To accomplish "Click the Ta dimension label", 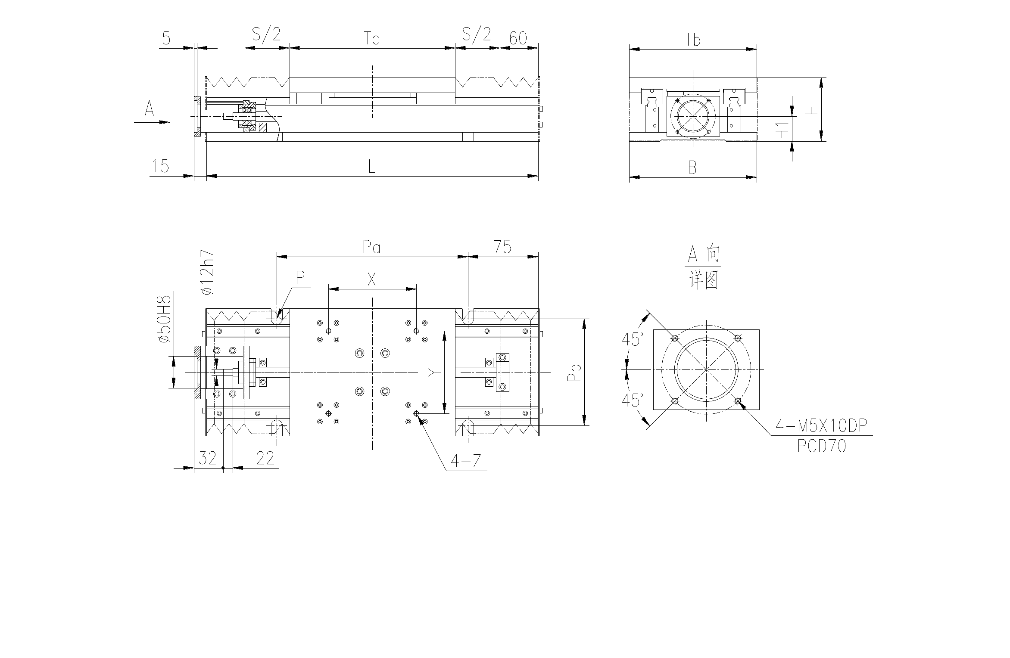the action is (372, 39).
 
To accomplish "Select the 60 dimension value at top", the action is (518, 38).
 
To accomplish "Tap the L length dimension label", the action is (371, 167).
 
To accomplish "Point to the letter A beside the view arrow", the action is (149, 109).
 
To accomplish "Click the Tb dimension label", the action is (693, 40).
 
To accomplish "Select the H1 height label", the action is (782, 131).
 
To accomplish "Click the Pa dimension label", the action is (371, 247).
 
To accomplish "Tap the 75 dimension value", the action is (502, 247).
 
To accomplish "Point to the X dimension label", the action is (371, 280).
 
